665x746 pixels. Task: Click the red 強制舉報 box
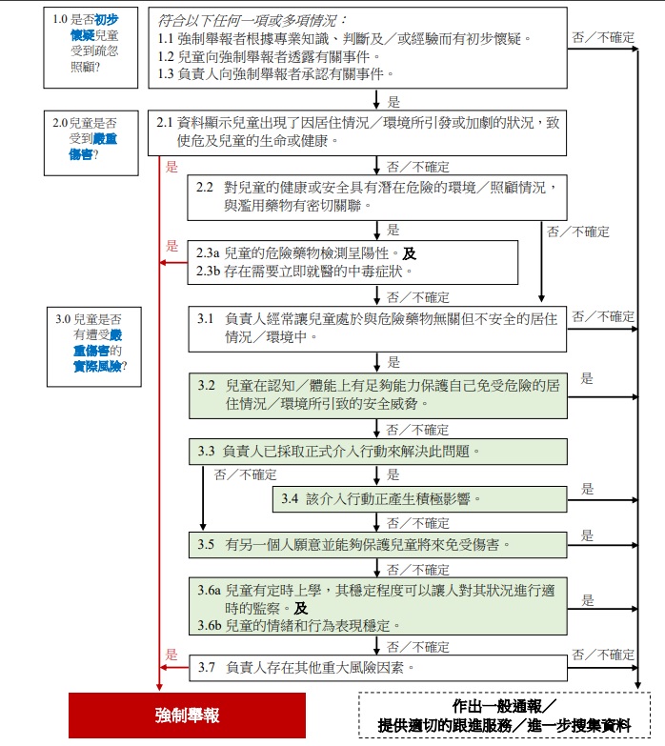(187, 716)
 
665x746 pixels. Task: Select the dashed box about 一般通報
(504, 716)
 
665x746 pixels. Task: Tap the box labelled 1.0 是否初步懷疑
(91, 48)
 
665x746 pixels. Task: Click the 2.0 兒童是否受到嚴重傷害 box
(91, 143)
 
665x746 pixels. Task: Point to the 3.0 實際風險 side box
(94, 347)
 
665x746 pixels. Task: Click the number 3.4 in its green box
(290, 498)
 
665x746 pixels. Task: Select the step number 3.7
(207, 667)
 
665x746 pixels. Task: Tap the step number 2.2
(205, 187)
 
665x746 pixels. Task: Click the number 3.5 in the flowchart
(206, 544)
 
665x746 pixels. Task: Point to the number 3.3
(206, 451)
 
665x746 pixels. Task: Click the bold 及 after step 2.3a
(409, 253)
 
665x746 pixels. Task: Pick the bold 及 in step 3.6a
(301, 608)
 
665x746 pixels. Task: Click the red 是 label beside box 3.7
(171, 655)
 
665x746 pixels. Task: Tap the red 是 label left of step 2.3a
(171, 246)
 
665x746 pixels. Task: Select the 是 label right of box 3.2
(587, 378)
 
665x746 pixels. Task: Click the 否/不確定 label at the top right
(603, 37)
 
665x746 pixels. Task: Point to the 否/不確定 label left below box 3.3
(245, 474)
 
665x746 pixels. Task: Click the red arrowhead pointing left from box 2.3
(163, 263)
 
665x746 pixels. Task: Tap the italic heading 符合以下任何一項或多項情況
(252, 20)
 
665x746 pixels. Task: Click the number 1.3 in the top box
(166, 73)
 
